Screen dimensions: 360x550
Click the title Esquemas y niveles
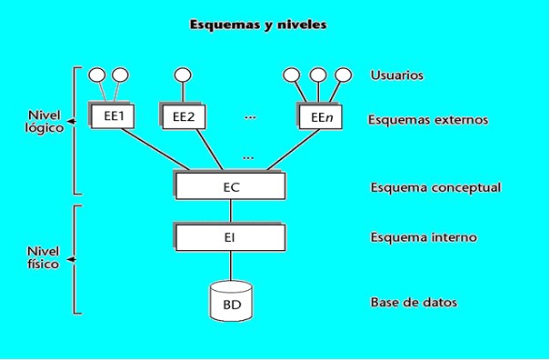coord(257,25)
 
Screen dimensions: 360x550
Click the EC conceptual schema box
coord(230,185)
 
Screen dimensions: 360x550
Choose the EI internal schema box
coord(230,237)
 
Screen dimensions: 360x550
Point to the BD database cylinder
coord(231,301)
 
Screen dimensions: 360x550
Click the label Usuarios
coord(397,75)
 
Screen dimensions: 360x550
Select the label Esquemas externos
coord(429,119)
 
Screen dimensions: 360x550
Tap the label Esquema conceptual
coord(436,188)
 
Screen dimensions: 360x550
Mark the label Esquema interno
coord(425,238)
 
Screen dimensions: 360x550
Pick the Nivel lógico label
coord(44,122)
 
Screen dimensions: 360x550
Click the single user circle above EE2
coord(182,75)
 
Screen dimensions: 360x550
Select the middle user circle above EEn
coord(317,75)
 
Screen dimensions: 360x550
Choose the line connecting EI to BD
coord(230,266)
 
